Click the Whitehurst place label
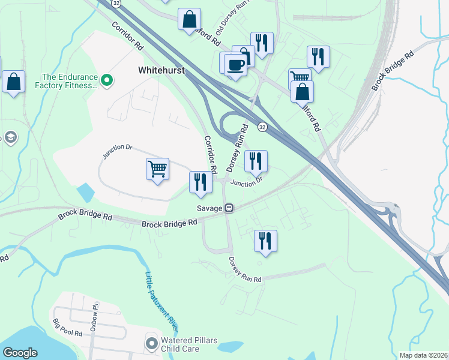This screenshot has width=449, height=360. click(161, 70)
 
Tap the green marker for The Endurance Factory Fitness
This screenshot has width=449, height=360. click(107, 79)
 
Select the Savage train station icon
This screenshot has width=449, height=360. click(229, 208)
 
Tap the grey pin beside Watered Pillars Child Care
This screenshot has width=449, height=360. click(151, 344)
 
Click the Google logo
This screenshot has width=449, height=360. click(20, 353)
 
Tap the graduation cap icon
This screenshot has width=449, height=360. click(10, 139)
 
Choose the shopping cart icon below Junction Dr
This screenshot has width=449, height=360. click(157, 169)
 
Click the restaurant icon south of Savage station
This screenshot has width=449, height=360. click(265, 240)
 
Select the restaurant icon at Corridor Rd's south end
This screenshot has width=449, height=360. click(200, 182)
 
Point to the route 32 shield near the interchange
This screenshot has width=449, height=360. click(262, 127)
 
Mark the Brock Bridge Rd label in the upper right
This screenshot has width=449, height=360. click(393, 71)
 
